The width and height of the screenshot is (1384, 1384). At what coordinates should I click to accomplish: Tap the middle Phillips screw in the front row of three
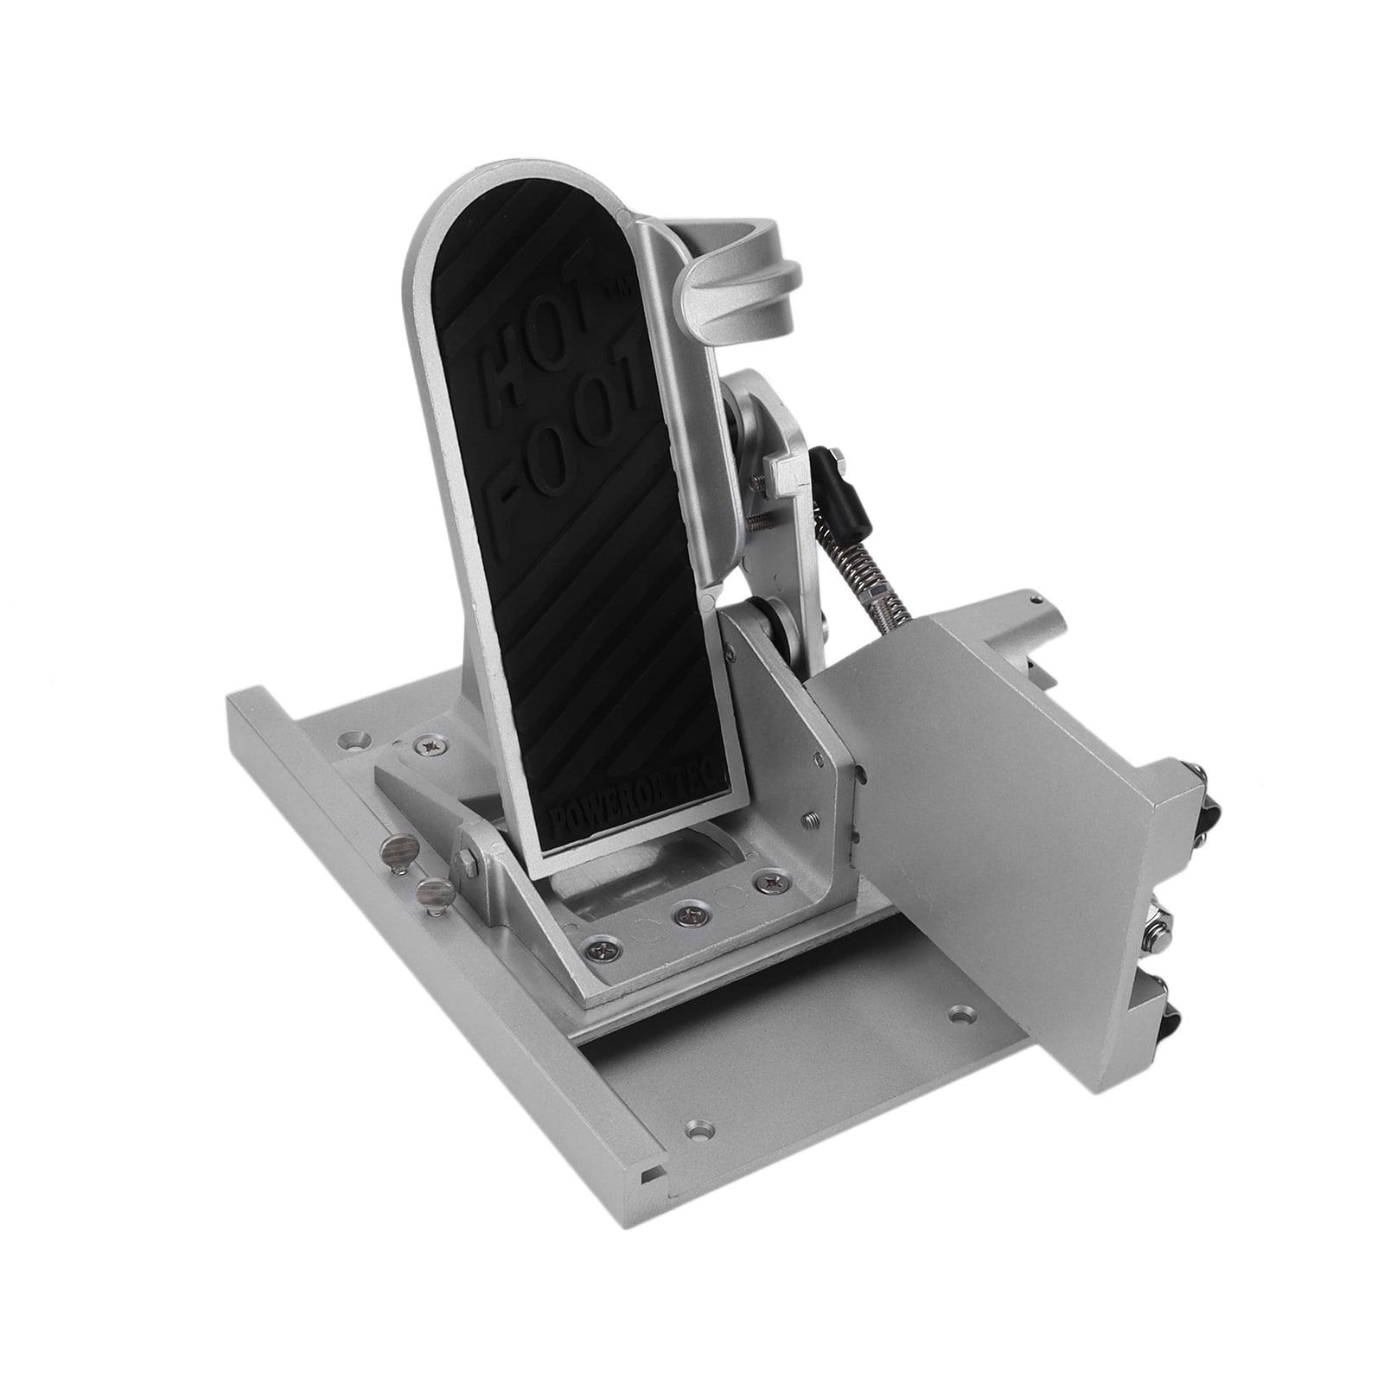click(688, 909)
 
